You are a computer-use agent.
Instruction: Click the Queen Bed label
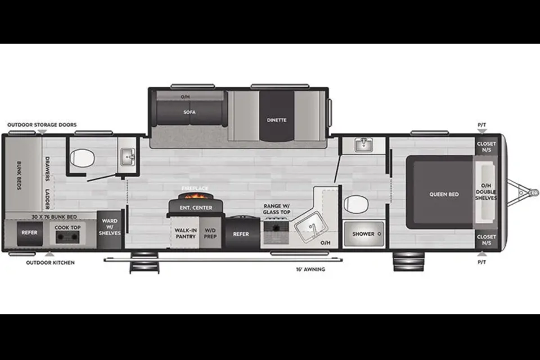[444, 194]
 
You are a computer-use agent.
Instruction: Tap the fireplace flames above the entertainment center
[196, 196]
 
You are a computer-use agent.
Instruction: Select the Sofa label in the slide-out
[190, 112]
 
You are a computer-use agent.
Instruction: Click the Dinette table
[277, 116]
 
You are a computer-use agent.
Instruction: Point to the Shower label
[363, 234]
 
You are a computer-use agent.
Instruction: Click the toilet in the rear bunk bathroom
[82, 158]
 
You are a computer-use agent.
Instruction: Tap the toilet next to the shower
[356, 204]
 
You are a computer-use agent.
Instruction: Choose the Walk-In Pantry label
[185, 233]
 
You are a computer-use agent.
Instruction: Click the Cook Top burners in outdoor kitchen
[67, 237]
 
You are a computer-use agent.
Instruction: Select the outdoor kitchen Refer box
[30, 233]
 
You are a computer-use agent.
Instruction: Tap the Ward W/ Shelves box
[110, 229]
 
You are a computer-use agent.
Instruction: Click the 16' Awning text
[310, 269]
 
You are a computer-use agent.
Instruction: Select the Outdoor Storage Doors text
[42, 125]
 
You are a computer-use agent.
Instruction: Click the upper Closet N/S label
[486, 147]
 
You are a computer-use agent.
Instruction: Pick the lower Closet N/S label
[486, 240]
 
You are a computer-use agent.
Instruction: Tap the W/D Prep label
[210, 233]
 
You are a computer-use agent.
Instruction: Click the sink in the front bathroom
[364, 145]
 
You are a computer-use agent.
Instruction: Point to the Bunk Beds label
[19, 175]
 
